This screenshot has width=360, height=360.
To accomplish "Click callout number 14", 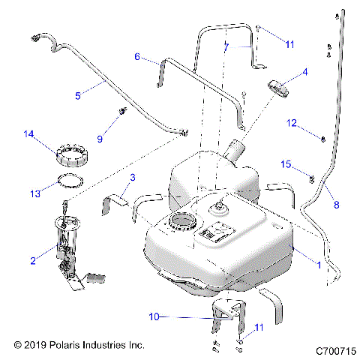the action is point(28,134).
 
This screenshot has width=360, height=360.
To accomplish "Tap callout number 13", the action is point(35,193).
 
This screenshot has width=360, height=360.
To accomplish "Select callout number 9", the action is point(100,139).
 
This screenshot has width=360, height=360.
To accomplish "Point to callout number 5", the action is point(78,96).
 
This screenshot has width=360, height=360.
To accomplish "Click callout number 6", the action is point(137,57).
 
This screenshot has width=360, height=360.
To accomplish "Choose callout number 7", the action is point(226,47).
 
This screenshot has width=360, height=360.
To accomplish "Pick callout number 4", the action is point(305,72).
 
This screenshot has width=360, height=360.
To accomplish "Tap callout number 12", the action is point(292,123).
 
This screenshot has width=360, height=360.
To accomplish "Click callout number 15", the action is point(286,164).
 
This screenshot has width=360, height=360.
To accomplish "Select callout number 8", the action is point(337,205).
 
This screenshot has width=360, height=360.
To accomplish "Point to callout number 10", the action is point(154,316).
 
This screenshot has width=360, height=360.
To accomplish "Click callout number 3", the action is point(133,178).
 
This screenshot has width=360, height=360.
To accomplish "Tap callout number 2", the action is point(33,261).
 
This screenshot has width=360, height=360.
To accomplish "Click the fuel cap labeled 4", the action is point(278,89).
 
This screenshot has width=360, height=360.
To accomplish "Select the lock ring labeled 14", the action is point(72,155).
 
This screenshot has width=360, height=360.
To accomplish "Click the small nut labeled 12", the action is point(323,139).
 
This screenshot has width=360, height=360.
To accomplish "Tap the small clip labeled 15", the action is point(312,178).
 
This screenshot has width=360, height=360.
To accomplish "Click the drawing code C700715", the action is point(336,351).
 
